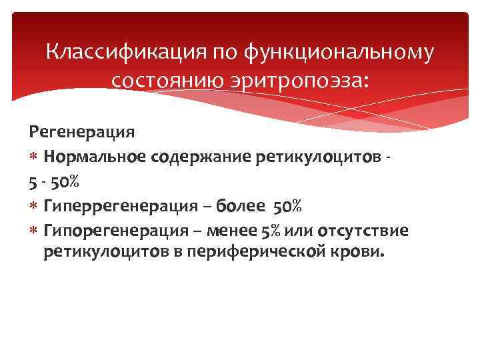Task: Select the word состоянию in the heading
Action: (166, 81)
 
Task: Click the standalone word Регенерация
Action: (81, 132)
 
